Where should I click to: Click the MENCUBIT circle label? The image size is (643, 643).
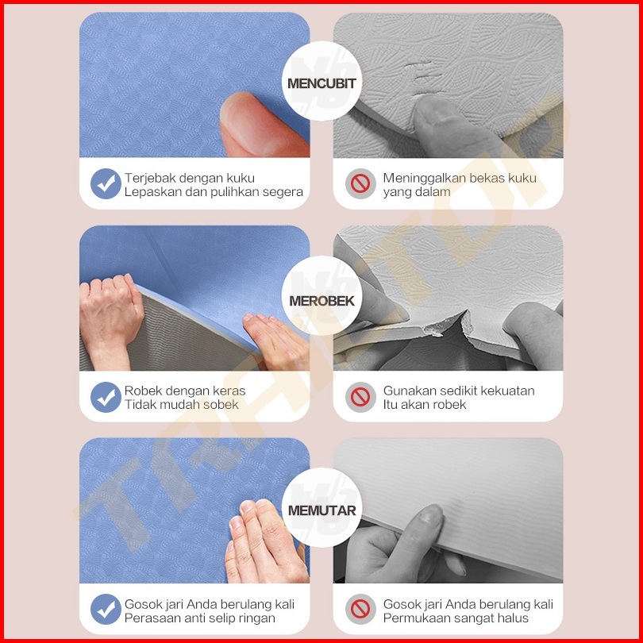coord(321,81)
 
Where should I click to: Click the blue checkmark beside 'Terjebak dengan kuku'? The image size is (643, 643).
coord(106,183)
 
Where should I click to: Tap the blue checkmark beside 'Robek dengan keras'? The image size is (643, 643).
coord(106,397)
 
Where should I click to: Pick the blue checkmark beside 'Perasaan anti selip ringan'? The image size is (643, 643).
coord(106,610)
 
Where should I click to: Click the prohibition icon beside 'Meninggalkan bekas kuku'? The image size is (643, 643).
coord(360,183)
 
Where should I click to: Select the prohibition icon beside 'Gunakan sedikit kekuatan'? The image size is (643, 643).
coord(360,397)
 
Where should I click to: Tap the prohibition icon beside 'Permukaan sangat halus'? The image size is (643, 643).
coord(360,610)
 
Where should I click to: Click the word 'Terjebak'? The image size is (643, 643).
coord(151,179)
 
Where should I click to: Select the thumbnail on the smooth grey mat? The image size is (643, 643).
coord(429,516)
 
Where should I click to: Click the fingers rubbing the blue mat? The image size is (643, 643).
coord(267,541)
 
